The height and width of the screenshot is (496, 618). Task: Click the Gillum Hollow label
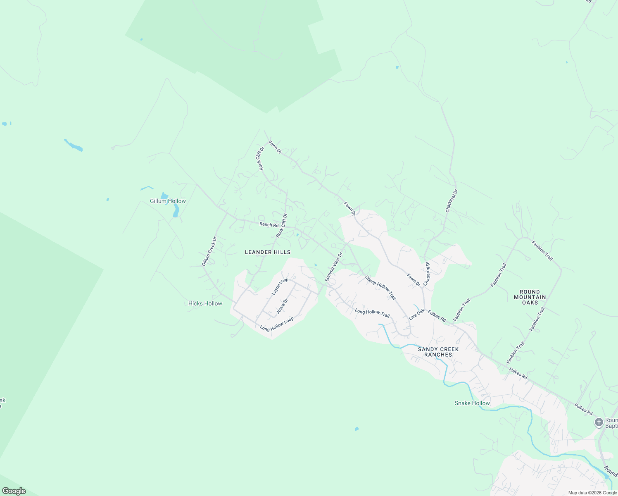(x=168, y=201)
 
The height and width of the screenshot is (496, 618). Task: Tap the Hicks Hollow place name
(x=205, y=303)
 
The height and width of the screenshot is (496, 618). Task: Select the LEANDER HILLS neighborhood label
(x=268, y=252)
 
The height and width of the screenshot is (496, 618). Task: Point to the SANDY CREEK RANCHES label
(x=438, y=352)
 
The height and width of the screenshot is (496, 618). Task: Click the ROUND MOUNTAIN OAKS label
(x=530, y=297)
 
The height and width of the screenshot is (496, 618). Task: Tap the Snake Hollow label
(x=472, y=403)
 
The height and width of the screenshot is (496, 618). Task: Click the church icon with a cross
(x=599, y=422)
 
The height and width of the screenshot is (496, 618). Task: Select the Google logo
(x=14, y=491)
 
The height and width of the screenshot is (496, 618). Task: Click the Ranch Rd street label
(x=269, y=225)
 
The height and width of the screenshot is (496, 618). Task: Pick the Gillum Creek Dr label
(x=209, y=251)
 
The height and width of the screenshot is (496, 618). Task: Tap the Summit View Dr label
(x=334, y=267)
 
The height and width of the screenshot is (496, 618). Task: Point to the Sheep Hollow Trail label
(x=380, y=288)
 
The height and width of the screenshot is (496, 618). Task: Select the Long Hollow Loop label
(x=277, y=324)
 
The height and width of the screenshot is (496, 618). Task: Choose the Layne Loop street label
(x=280, y=286)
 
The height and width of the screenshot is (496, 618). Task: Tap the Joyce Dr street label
(x=282, y=306)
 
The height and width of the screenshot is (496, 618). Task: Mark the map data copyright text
(x=592, y=493)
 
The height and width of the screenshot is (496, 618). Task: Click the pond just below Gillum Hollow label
(x=176, y=212)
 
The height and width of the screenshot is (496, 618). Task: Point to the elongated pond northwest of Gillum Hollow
(x=74, y=145)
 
